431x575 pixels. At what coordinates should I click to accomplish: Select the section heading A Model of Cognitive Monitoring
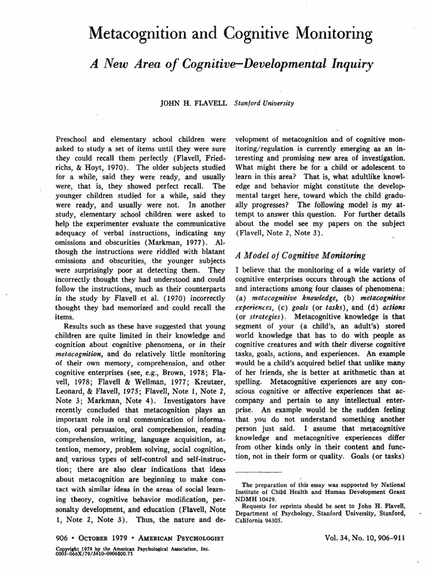(292, 255)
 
